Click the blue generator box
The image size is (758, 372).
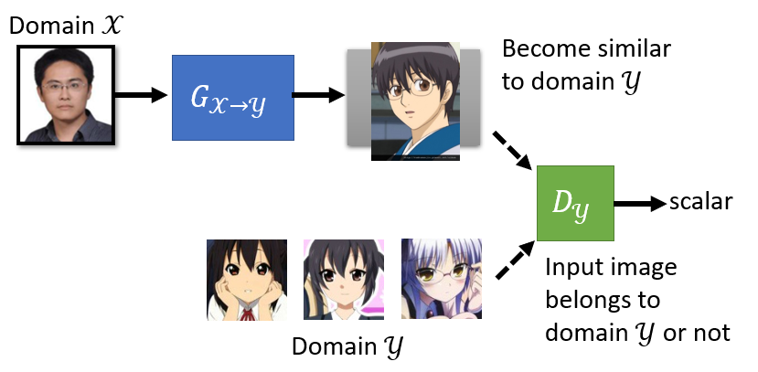pos(232,97)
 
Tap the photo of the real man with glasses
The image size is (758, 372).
pos(65,95)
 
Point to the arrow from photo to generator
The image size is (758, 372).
pos(143,96)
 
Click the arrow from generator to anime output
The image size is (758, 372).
pos(319,96)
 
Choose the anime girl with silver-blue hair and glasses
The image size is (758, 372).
pos(432,279)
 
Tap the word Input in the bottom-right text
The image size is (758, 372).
pos(571,269)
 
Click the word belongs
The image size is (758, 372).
pos(586,301)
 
